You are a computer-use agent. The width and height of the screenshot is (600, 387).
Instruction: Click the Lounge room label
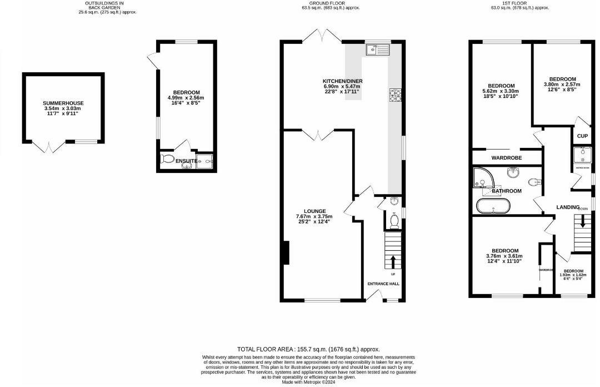point(314,211)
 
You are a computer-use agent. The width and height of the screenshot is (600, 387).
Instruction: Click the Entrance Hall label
point(383,284)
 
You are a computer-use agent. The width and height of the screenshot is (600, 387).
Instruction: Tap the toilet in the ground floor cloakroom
point(395,221)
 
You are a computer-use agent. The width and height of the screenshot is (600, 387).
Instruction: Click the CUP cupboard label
point(582,136)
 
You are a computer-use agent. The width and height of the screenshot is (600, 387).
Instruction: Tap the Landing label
point(568,207)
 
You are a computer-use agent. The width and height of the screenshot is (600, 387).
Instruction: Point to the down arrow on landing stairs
point(582,222)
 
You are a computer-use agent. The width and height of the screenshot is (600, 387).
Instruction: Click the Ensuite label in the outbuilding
point(186,161)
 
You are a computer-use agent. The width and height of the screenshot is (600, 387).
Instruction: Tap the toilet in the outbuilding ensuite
point(167,160)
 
